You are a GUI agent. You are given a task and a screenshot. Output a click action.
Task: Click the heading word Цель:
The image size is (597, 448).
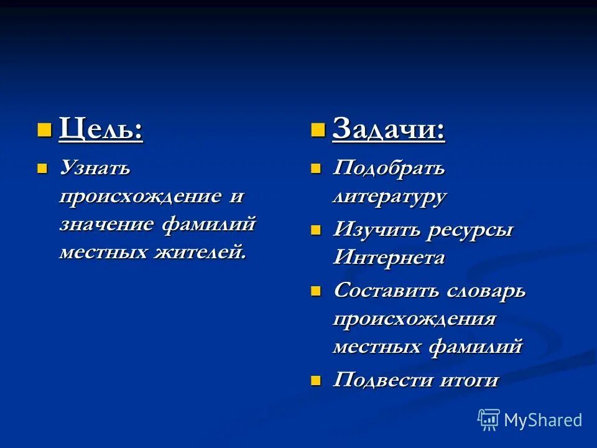pyautogui.click(x=101, y=129)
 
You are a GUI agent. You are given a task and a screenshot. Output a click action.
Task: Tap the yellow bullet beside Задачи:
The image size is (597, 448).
pyautogui.click(x=318, y=129)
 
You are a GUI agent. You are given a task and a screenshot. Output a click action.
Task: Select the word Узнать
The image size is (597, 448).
pyautogui.click(x=95, y=168)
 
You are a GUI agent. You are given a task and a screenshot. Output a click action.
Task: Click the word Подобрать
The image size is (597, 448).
pyautogui.click(x=389, y=168)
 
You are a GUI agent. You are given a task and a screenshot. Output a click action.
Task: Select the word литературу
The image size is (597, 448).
pyautogui.click(x=389, y=197)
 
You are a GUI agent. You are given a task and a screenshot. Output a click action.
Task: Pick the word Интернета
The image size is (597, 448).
pyautogui.click(x=389, y=257)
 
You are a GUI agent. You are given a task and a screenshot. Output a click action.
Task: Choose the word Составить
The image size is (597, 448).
pyautogui.click(x=386, y=290)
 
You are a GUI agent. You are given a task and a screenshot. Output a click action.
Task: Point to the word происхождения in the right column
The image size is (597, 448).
pyautogui.click(x=414, y=319)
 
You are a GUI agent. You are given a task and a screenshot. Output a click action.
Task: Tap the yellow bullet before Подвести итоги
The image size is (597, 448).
pyautogui.click(x=317, y=380)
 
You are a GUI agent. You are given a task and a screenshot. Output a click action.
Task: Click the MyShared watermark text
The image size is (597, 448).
pyautogui.click(x=543, y=420)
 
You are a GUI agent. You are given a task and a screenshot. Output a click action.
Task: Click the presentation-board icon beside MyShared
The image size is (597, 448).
pyautogui.click(x=489, y=420)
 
